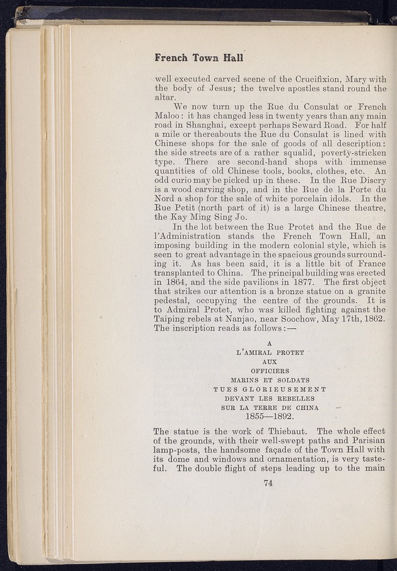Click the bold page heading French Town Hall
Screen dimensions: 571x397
coord(198,57)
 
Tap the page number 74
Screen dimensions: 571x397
coord(270,484)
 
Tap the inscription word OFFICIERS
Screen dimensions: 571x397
coord(270,372)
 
